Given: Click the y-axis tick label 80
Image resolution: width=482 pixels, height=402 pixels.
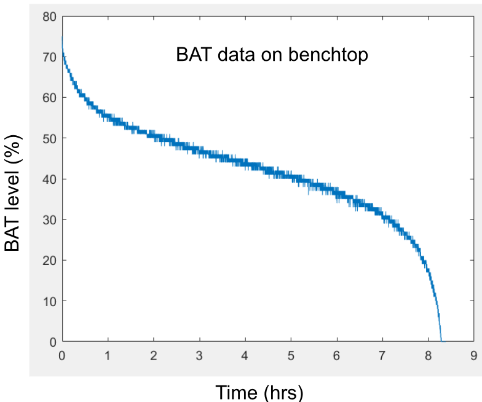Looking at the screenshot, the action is point(49,17).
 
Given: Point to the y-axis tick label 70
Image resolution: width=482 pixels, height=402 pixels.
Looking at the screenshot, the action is point(49,57).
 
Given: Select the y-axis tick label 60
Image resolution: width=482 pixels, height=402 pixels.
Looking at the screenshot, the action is point(49,98).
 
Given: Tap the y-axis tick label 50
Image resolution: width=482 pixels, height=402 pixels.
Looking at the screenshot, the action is point(49,139).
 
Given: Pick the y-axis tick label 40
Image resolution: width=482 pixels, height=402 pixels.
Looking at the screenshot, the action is point(49,179).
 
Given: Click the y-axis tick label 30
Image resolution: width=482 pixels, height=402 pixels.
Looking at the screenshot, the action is point(49,220).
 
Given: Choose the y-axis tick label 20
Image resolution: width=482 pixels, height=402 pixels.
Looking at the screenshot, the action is point(49,261).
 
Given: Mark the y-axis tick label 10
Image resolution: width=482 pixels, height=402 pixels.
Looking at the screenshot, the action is point(49,301).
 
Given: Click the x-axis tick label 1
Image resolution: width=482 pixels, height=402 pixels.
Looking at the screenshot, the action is point(108,355).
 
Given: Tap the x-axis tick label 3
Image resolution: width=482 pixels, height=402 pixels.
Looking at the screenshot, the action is point(199,355).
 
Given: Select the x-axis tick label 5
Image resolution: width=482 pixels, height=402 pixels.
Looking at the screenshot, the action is point(291,355).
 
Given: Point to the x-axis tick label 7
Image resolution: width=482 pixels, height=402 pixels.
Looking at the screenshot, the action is point(382,355).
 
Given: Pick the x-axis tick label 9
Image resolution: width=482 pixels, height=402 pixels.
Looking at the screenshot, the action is point(473,355).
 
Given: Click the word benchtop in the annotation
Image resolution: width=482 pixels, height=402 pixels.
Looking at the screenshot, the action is point(328,55).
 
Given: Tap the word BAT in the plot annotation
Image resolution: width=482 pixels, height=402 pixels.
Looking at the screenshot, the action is point(194,55).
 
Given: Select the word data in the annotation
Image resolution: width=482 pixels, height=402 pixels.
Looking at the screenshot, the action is point(236,55).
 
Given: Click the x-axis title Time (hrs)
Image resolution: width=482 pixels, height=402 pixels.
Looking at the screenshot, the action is point(259,392).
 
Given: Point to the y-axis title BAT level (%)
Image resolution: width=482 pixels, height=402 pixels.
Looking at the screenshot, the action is point(12,193).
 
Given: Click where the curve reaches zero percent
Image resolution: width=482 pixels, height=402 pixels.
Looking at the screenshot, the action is point(441,341).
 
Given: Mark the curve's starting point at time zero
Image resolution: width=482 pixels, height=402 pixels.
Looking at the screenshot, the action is point(62,37).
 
